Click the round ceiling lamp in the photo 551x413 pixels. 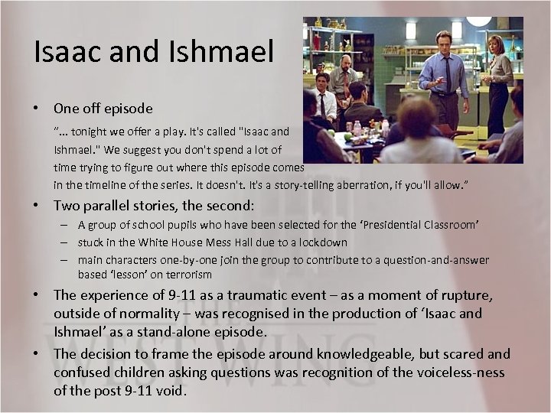click(479, 21)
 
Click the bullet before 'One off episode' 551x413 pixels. click(37, 109)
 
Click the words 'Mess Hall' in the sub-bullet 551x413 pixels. click(234, 242)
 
